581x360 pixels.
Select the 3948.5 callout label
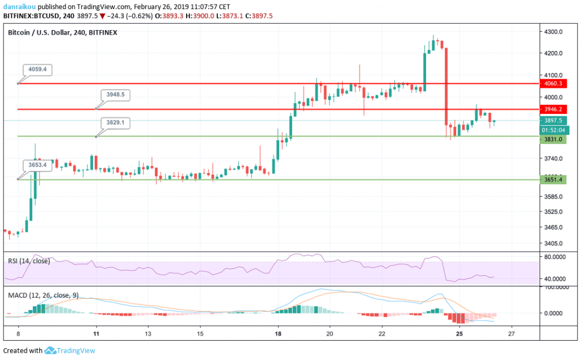115,95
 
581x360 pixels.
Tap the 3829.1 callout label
115,122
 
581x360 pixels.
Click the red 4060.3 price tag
553,83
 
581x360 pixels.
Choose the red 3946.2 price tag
553,109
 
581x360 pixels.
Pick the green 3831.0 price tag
553,139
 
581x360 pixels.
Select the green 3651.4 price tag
553,180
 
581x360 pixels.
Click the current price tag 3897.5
553,120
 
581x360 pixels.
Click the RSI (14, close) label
29,261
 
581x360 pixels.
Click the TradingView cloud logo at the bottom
49,351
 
